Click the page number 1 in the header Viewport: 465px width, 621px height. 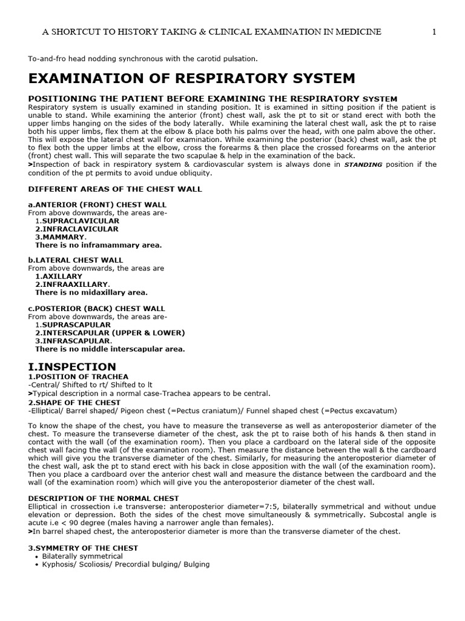[434, 32]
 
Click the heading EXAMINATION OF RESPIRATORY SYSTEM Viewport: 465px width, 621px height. [192, 78]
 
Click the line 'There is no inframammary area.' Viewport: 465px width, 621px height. [98, 245]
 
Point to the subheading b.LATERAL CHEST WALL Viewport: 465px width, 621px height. [76, 260]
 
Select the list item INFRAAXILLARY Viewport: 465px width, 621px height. [73, 284]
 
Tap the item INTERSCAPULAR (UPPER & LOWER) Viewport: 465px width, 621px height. [110, 332]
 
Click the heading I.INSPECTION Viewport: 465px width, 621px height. [72, 367]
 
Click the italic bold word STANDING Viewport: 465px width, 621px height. [364, 165]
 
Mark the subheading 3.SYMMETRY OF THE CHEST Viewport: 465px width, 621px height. [83, 548]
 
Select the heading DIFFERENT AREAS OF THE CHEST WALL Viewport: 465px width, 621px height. [115, 189]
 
